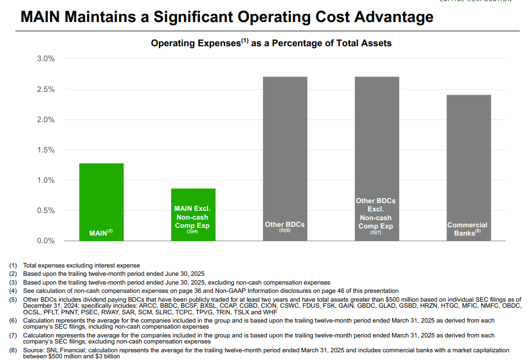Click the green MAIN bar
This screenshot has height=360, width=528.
click(101, 198)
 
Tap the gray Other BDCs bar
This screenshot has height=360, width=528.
click(284, 154)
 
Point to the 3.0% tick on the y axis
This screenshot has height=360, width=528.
click(45, 59)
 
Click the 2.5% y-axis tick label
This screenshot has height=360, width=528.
click(45, 89)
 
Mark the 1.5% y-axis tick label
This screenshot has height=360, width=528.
click(45, 150)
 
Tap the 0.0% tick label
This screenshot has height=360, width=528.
click(45, 241)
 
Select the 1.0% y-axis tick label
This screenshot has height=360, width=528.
click(45, 180)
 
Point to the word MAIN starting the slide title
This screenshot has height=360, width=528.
click(40, 17)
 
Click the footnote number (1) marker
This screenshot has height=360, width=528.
click(13, 266)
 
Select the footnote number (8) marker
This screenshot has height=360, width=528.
click(13, 350)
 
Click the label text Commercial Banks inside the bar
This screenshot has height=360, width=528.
click(468, 229)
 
